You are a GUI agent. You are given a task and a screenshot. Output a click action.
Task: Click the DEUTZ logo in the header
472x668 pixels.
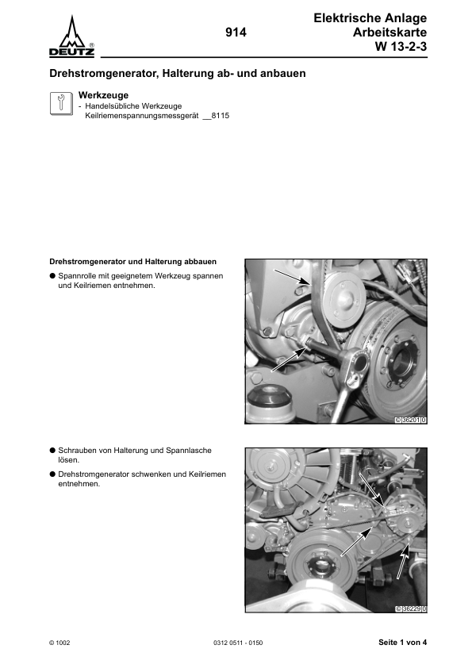pos(73,38)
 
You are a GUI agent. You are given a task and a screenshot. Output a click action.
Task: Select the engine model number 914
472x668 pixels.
pos(236,33)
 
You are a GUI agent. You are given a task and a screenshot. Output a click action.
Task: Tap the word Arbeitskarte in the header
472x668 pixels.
pos(390,32)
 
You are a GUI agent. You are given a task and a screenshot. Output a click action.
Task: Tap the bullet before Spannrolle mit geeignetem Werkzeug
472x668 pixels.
pos(52,276)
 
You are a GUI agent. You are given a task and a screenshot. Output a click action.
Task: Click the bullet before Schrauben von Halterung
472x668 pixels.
pos(52,450)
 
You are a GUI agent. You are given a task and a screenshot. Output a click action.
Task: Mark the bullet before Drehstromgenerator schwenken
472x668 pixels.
pos(52,474)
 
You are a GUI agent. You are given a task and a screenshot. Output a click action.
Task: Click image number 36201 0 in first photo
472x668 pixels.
pos(410,419)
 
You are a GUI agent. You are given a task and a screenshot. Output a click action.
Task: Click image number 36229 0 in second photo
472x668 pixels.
pos(410,608)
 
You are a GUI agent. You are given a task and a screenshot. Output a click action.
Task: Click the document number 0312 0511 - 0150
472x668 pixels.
pos(238,643)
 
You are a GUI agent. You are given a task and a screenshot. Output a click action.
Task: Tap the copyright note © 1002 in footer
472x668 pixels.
pos(60,643)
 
